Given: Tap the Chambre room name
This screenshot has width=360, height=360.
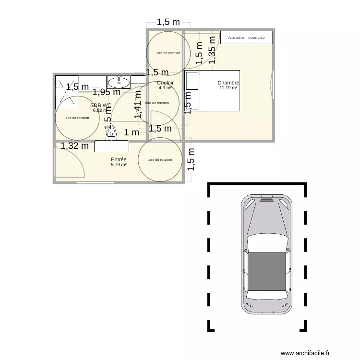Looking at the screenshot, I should pyautogui.click(x=228, y=83).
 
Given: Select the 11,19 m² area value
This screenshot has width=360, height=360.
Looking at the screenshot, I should pyautogui.click(x=228, y=88).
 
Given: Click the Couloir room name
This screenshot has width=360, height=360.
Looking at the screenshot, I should pyautogui.click(x=165, y=83).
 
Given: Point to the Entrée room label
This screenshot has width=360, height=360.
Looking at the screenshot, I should pyautogui.click(x=118, y=159).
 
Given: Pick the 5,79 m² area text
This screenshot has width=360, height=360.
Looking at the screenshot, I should pyautogui.click(x=118, y=165).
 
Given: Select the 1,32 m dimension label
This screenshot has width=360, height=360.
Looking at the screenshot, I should pyautogui.click(x=74, y=146).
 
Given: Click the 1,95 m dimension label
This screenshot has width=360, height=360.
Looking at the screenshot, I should pyautogui.click(x=107, y=92).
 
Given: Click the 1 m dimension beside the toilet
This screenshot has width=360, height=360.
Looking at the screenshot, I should pyautogui.click(x=132, y=132).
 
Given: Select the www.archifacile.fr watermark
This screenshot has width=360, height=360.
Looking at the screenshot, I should pyautogui.click(x=306, y=353).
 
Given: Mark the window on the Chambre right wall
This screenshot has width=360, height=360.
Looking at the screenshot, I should pyautogui.click(x=273, y=85).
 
